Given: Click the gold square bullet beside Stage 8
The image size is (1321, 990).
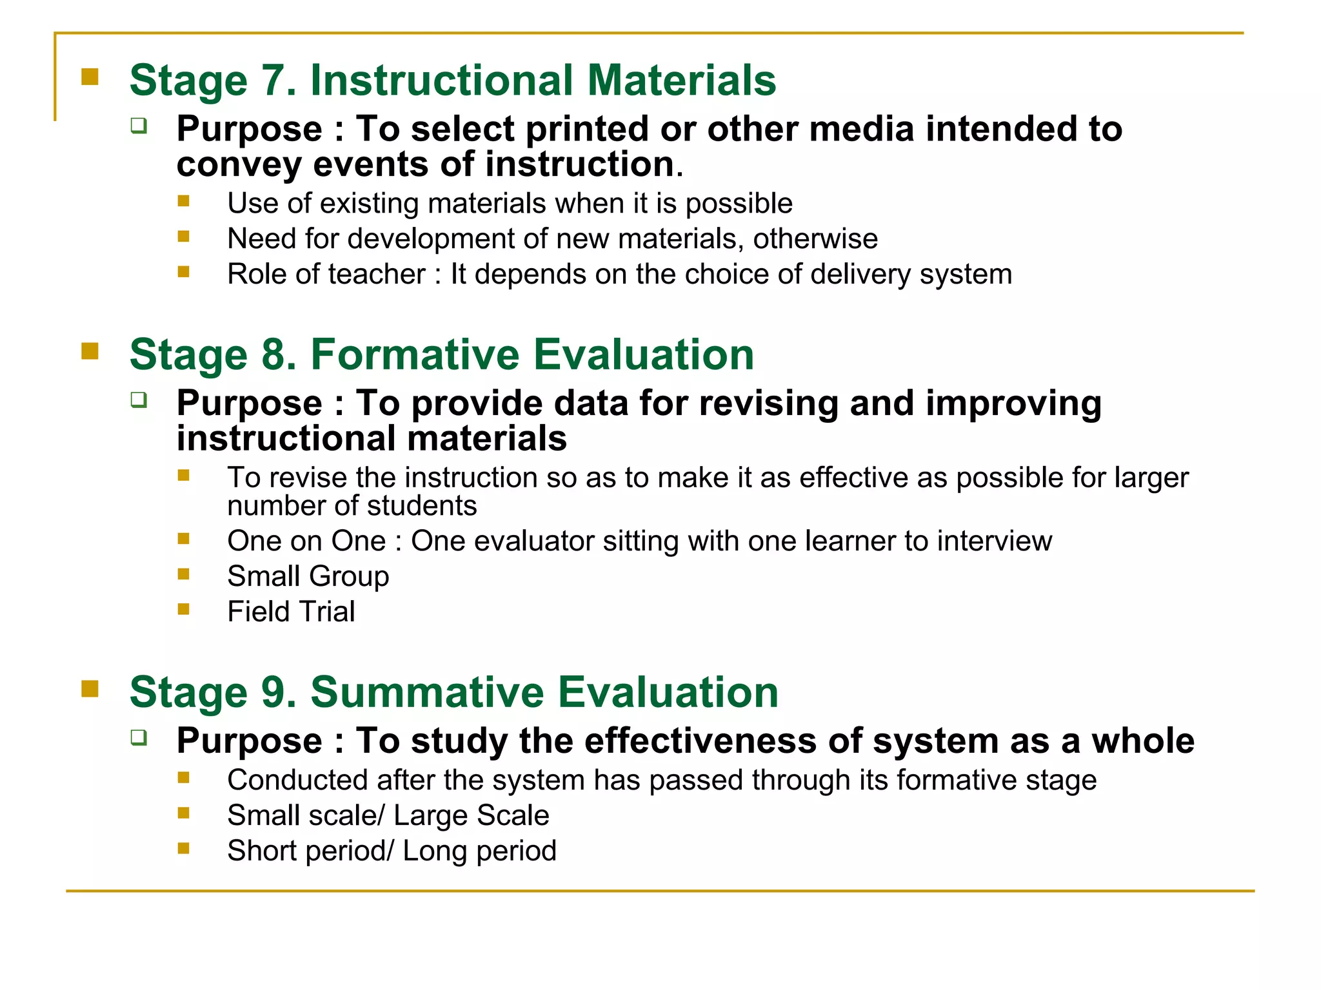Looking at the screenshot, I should click(x=90, y=351).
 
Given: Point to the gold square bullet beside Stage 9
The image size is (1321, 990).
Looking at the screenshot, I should click(x=90, y=689).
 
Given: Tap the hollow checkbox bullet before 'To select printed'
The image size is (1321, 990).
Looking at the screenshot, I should click(x=139, y=125).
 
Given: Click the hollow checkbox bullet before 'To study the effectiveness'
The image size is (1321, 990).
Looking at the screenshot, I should click(x=139, y=737).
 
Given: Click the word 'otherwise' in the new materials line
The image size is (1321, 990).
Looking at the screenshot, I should click(x=815, y=239).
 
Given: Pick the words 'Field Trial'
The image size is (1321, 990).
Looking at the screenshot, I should click(x=291, y=612).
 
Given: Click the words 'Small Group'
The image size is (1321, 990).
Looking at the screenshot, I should click(x=308, y=576).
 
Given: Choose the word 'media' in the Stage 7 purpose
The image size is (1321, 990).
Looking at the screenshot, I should click(x=861, y=129).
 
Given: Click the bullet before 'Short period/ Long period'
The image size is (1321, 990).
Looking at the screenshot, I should click(x=184, y=848).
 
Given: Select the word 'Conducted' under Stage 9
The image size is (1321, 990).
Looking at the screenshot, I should click(x=297, y=781).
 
